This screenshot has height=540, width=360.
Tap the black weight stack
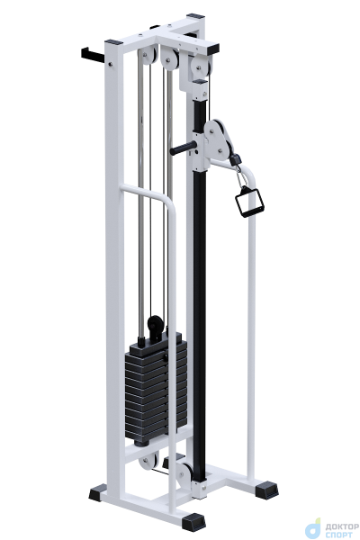tap(156, 387)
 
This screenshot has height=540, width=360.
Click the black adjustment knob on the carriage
tap(184, 148)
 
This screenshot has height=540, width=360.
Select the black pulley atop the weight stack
tap(156, 325)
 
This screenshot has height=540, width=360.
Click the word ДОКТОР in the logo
tap(342, 526)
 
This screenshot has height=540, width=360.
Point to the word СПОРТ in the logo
tap(338, 535)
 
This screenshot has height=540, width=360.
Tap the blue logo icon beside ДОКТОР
tap(313, 529)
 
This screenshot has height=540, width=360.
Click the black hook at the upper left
tap(93, 55)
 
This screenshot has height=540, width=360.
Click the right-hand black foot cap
tap(266, 490)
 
